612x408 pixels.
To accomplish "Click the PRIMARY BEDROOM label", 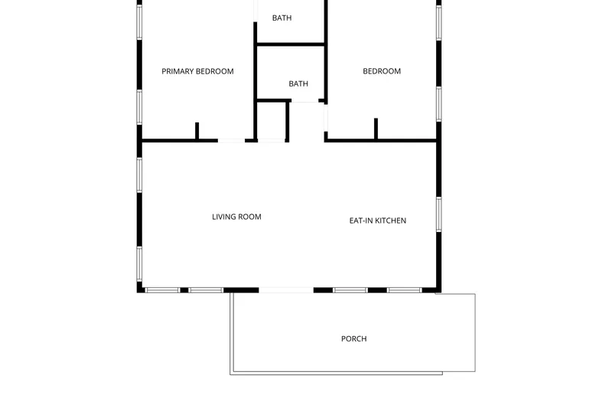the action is (x=197, y=71).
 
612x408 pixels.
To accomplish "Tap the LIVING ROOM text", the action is (x=236, y=217).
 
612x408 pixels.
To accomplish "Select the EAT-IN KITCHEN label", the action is (x=378, y=220).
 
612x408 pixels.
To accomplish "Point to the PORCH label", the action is (x=354, y=339).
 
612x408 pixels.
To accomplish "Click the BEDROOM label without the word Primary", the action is (x=382, y=71).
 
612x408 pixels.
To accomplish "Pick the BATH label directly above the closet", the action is (x=298, y=83).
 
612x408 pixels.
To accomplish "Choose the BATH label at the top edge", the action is (x=282, y=18).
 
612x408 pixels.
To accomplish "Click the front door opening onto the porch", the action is (x=286, y=290).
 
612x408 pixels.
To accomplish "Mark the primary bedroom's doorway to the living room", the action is (x=232, y=141).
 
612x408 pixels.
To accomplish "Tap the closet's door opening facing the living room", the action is (x=272, y=141).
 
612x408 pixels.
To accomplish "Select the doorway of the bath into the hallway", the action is (x=304, y=101).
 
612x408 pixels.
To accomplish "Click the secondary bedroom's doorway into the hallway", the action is (x=326, y=118).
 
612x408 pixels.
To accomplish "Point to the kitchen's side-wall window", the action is (x=438, y=214).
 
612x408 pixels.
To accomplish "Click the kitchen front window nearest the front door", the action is (x=350, y=290).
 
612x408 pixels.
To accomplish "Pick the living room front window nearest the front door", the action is (x=206, y=290).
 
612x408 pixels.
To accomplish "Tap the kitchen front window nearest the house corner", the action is (x=405, y=290).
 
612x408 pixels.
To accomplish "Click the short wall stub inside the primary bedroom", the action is (x=197, y=131).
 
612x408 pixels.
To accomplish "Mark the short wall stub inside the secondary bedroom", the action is (x=376, y=129).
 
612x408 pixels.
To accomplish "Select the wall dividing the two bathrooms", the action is (x=291, y=44).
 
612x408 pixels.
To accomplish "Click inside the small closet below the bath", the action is (x=272, y=121).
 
